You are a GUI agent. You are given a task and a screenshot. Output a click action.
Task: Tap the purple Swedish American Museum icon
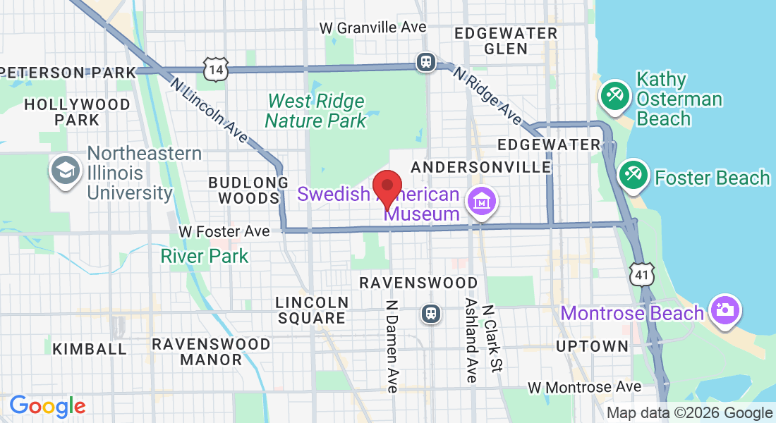483,202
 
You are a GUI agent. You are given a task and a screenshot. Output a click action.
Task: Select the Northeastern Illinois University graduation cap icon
66,171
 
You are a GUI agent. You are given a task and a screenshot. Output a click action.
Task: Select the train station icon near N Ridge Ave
425,62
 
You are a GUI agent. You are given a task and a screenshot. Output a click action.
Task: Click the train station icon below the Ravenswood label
430,312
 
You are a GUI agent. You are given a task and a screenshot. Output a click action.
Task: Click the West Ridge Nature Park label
316,111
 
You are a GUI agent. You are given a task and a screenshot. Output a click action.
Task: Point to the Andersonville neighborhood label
480,167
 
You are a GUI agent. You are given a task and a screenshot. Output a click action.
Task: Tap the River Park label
205,255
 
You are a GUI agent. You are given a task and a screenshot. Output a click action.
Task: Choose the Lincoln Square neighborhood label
312,310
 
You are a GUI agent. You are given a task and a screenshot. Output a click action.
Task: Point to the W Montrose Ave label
585,387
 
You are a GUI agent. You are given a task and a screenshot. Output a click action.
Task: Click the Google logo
47,406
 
